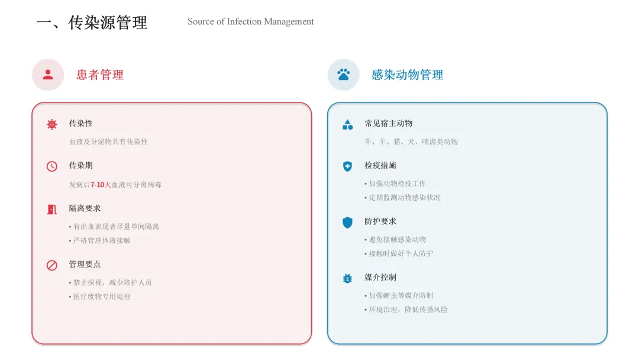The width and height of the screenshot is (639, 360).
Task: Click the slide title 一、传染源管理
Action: coord(92,23)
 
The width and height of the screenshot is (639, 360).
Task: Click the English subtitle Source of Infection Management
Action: coord(250,22)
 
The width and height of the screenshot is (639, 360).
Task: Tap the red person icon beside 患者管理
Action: coord(48,75)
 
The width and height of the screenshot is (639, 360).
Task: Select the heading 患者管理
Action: coord(100,75)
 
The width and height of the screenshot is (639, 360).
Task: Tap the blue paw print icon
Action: coord(343,75)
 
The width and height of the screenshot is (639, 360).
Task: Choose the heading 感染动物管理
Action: coord(407,75)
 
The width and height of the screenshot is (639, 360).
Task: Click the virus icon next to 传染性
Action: coord(52,124)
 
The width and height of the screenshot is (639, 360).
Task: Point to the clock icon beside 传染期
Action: coord(52,166)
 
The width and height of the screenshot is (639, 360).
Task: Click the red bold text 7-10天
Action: coord(101,185)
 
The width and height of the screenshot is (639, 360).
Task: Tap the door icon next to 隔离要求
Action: coord(52,209)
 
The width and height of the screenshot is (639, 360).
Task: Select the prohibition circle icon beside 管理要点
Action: coord(52,265)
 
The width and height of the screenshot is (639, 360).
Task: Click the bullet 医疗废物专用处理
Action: coord(101,297)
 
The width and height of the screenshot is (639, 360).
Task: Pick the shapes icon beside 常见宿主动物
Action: coord(347,124)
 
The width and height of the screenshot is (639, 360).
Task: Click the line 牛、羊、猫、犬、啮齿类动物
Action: coord(411,142)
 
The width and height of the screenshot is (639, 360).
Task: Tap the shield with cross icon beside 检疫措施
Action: coord(347,166)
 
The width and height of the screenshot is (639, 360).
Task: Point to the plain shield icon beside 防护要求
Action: coord(347,223)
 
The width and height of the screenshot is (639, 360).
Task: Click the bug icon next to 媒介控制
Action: coord(347,278)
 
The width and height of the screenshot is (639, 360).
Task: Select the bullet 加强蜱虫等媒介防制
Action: coord(401,295)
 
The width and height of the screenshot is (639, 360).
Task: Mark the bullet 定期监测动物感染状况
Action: coord(404,198)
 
